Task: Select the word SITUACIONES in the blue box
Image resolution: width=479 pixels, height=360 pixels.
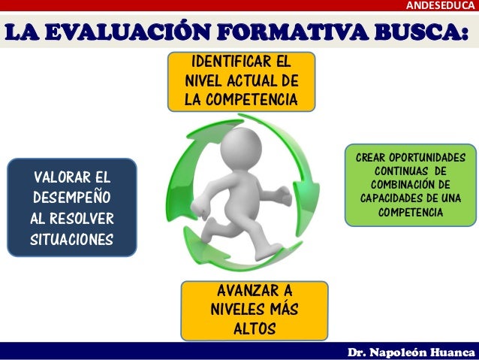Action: coord(72,241)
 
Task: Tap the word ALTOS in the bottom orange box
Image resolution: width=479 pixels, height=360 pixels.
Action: coord(255,329)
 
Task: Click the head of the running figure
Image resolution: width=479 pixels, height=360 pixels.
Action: coord(242,143)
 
